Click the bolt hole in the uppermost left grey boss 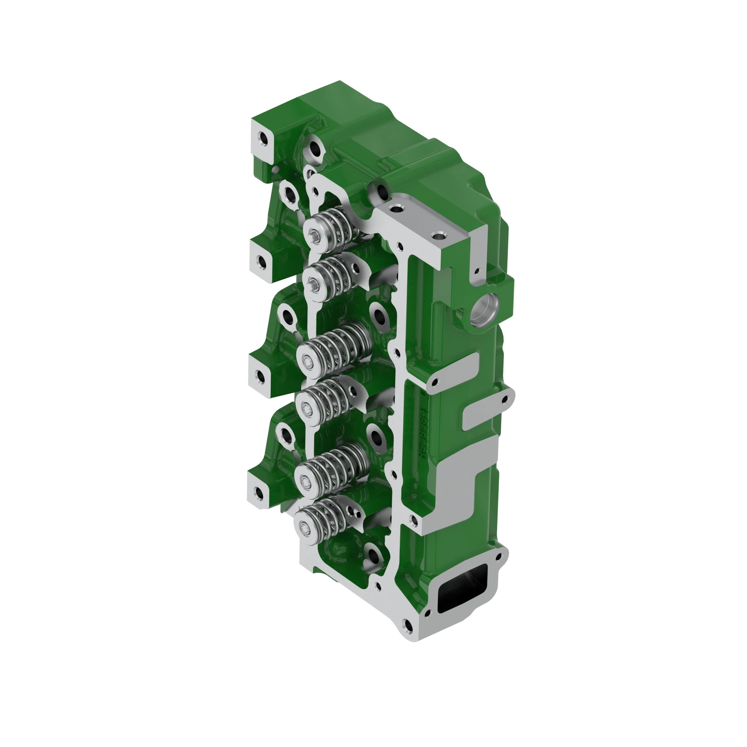pos(264,139)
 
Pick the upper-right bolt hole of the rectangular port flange pos(499,557)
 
